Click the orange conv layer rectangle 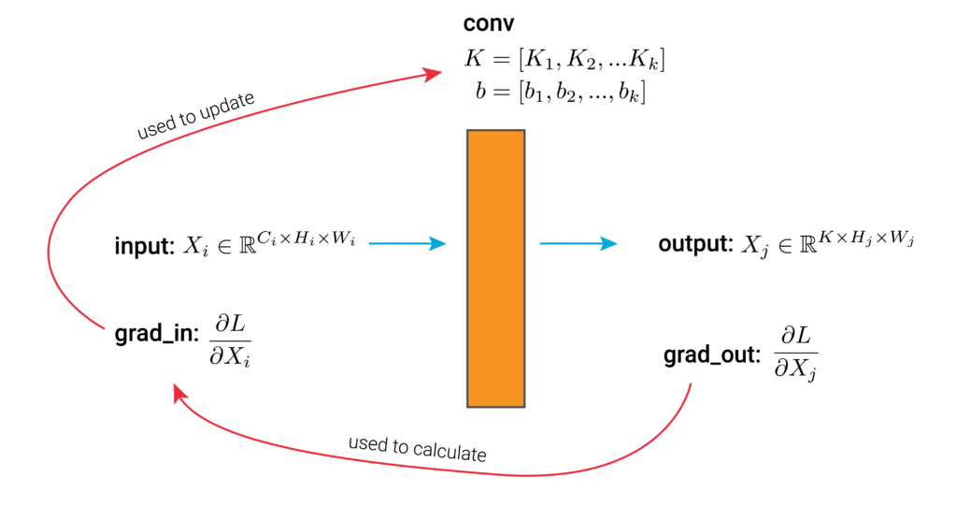tap(495, 268)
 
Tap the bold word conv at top tap(488, 23)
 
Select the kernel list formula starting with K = tap(564, 59)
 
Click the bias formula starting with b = tap(561, 93)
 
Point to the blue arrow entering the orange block tap(407, 243)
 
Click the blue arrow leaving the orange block tap(578, 243)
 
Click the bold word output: tap(695, 244)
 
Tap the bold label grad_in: tap(157, 334)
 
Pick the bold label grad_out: tap(712, 355)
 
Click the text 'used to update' tap(196, 115)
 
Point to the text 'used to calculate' tap(418, 449)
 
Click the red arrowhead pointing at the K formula tap(433, 74)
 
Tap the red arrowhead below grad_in tap(179, 393)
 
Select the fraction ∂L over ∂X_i tap(230, 340)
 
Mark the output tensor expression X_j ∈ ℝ tap(828, 242)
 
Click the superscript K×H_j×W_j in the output tap(866, 238)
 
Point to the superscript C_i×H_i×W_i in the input tap(307, 238)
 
